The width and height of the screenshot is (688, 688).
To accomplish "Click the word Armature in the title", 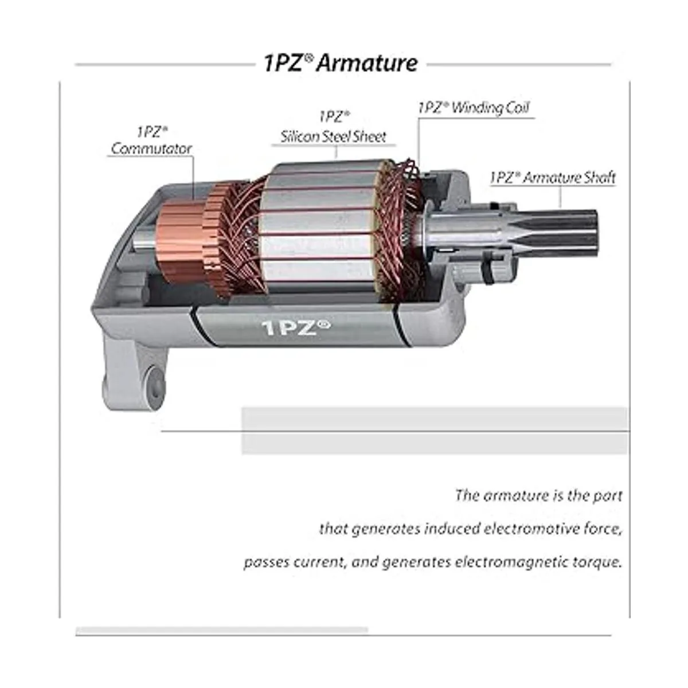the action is click(x=367, y=64).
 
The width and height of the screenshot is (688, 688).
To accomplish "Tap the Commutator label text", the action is click(x=151, y=148).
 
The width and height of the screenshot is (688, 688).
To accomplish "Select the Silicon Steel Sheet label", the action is click(x=333, y=137).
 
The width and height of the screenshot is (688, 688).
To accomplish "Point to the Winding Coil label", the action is click(x=474, y=108).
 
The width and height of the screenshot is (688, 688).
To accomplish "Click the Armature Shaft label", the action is click(x=553, y=178).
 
